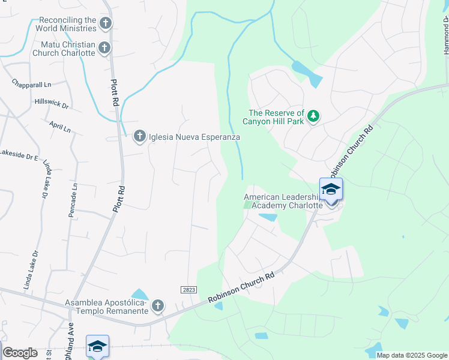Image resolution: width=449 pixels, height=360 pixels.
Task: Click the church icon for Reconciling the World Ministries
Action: click(106, 23)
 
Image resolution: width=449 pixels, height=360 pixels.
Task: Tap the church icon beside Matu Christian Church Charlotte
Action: click(104, 47)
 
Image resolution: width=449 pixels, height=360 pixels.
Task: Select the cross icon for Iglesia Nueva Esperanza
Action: click(139, 137)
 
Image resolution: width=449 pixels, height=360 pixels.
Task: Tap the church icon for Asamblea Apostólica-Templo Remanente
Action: click(157, 306)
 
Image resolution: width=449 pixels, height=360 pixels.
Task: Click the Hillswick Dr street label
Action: click(52, 103)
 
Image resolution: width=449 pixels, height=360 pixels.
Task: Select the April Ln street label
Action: click(61, 128)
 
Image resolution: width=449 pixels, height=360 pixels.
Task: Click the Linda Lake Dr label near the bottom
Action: click(31, 270)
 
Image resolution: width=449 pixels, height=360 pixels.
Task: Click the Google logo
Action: click(20, 353)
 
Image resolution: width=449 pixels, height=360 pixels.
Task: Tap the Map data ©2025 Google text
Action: click(412, 355)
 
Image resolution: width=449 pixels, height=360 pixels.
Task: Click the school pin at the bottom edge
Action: click(97, 347)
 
